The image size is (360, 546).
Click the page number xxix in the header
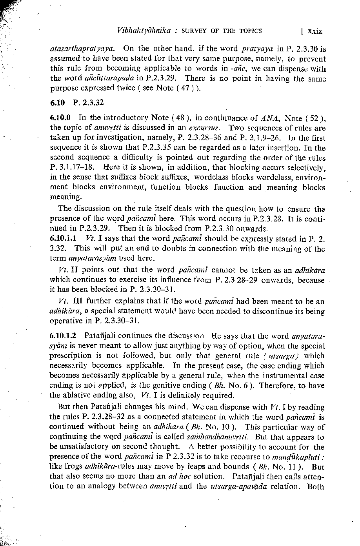tap(314, 31)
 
